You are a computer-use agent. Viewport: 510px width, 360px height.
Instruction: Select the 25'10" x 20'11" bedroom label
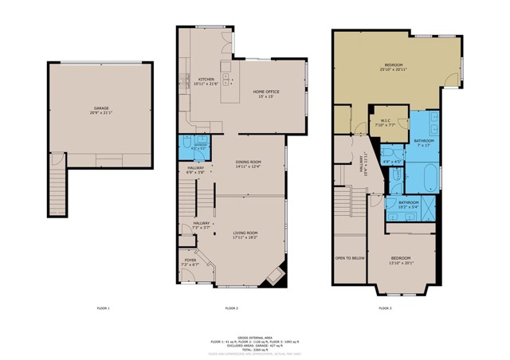396,66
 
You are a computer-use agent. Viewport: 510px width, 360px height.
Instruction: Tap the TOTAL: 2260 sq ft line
254,349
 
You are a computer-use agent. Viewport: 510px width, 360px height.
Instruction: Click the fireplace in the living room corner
276,276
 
